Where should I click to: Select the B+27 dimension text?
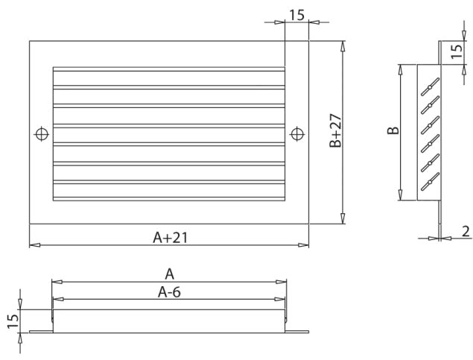[336, 131]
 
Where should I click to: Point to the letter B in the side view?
[394, 130]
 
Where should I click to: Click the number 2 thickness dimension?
[465, 231]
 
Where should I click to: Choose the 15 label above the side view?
[456, 52]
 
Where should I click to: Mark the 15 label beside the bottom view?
[12, 322]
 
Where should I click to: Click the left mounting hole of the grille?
[42, 134]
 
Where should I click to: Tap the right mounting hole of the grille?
[297, 134]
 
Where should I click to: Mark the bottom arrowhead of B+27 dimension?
[343, 218]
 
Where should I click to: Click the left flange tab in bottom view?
[40, 332]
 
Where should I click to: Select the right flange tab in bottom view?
[298, 332]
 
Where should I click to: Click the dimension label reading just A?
[169, 274]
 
